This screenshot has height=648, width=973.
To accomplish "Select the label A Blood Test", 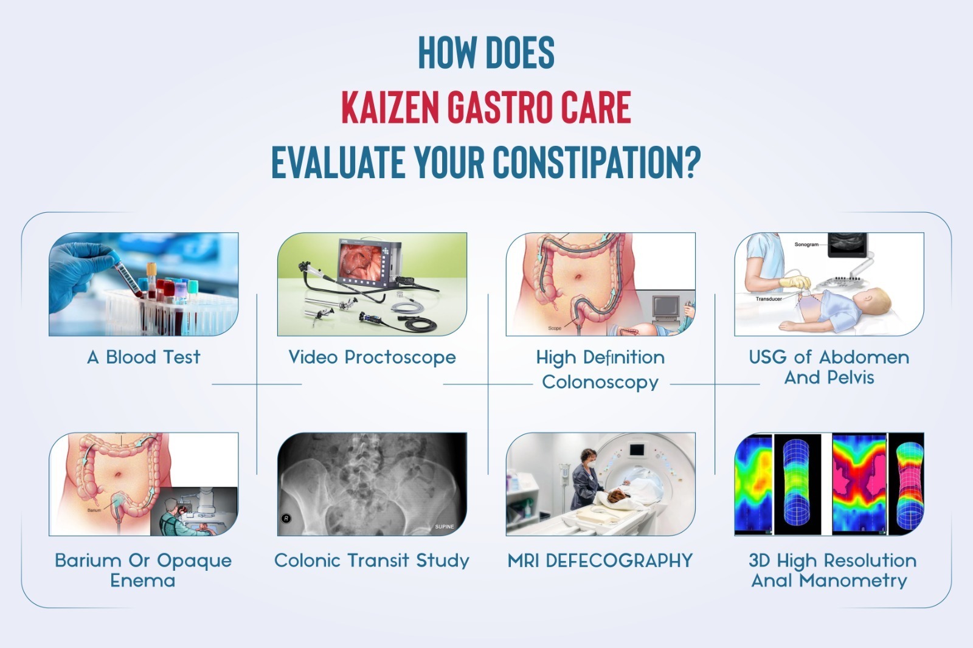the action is pyautogui.click(x=144, y=357).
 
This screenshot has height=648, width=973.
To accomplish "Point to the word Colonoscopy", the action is pyautogui.click(x=600, y=382).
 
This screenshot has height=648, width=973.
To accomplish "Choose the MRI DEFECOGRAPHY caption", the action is pyautogui.click(x=600, y=560).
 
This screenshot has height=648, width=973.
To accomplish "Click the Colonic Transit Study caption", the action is pyautogui.click(x=372, y=560).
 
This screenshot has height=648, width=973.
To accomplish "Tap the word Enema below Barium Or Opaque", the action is pyautogui.click(x=142, y=581).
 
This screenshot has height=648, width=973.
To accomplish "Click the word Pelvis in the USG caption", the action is pyautogui.click(x=851, y=378).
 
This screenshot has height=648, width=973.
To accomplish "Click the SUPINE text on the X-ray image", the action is pyautogui.click(x=445, y=526).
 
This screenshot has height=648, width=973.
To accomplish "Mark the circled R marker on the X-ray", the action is pyautogui.click(x=286, y=518).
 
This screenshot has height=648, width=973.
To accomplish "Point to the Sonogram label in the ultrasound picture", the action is pyautogui.click(x=806, y=244).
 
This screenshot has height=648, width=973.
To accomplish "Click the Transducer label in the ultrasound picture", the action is pyautogui.click(x=769, y=299).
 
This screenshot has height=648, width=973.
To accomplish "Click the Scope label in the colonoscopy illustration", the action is pyautogui.click(x=555, y=328).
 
